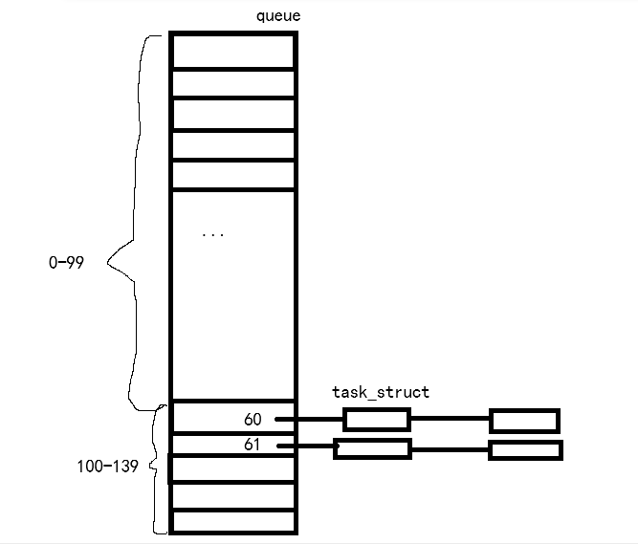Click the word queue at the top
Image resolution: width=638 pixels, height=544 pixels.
(278, 16)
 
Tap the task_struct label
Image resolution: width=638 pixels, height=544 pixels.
(381, 392)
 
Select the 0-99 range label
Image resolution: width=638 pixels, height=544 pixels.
(66, 261)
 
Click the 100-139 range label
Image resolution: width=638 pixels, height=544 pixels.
(107, 467)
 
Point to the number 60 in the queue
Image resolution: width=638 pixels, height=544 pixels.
(253, 420)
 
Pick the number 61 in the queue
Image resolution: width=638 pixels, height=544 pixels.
(253, 445)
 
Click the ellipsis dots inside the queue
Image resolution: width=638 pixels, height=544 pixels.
(213, 234)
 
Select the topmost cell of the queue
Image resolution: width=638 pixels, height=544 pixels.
(232, 51)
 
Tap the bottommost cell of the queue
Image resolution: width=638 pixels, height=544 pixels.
(232, 522)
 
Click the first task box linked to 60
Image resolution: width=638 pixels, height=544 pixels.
(377, 420)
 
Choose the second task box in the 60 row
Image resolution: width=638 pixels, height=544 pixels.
(524, 421)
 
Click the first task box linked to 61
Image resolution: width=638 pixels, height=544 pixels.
(373, 448)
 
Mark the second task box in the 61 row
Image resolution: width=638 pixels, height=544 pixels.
(525, 449)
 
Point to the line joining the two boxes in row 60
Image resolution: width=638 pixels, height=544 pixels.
(450, 419)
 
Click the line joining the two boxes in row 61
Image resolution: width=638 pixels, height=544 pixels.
(450, 449)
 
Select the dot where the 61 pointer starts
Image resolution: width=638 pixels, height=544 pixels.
(278, 446)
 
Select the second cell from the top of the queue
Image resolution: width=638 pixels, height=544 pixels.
(232, 82)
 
